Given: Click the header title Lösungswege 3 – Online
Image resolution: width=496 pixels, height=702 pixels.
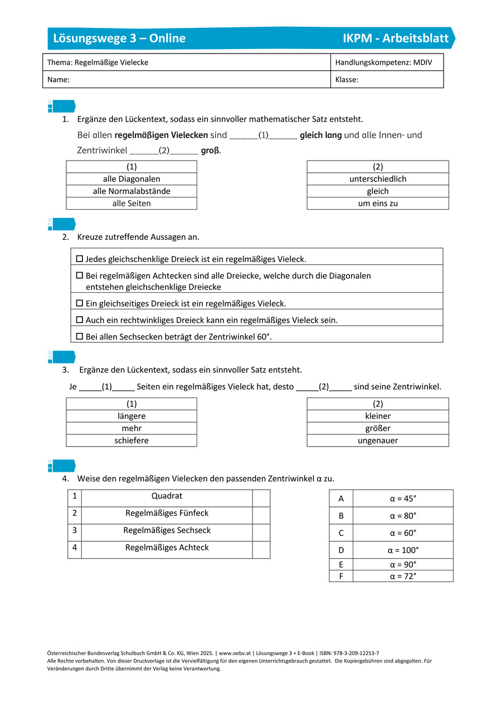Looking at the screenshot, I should (x=119, y=38).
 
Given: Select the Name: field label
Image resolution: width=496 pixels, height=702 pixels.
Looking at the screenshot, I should (x=59, y=80).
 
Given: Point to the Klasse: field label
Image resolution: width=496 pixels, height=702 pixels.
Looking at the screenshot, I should (x=347, y=80).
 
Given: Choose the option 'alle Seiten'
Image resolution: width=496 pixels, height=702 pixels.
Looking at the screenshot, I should (x=132, y=204).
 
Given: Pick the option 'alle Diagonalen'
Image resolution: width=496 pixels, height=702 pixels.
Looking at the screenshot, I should (x=132, y=179).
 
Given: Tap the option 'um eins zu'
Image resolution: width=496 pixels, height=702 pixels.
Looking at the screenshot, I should (x=378, y=204).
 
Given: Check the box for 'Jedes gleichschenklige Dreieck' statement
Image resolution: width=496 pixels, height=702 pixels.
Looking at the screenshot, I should (x=79, y=259).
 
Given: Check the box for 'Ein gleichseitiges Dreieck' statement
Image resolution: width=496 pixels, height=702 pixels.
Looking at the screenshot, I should (x=79, y=303).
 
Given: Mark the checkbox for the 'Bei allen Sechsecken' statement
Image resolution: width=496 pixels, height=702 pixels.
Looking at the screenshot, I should (x=79, y=337).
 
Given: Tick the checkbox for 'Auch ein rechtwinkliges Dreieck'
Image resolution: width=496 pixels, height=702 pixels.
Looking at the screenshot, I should (x=79, y=320).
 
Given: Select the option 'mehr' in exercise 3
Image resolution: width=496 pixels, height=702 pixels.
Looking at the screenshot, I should (x=132, y=428).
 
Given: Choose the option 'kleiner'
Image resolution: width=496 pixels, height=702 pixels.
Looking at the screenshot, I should (x=378, y=416).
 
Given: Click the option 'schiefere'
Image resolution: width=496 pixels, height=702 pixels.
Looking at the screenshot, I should (x=132, y=440).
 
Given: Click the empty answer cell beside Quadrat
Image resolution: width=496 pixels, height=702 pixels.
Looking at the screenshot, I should (x=261, y=498).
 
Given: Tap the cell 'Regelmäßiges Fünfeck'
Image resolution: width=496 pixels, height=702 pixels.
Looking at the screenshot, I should (x=167, y=513).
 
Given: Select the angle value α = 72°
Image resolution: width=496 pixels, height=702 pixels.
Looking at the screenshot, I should (x=403, y=576).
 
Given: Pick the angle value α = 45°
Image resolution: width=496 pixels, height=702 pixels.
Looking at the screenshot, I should (x=403, y=498).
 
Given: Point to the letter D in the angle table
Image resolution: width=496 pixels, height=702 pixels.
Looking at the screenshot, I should (x=341, y=550).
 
